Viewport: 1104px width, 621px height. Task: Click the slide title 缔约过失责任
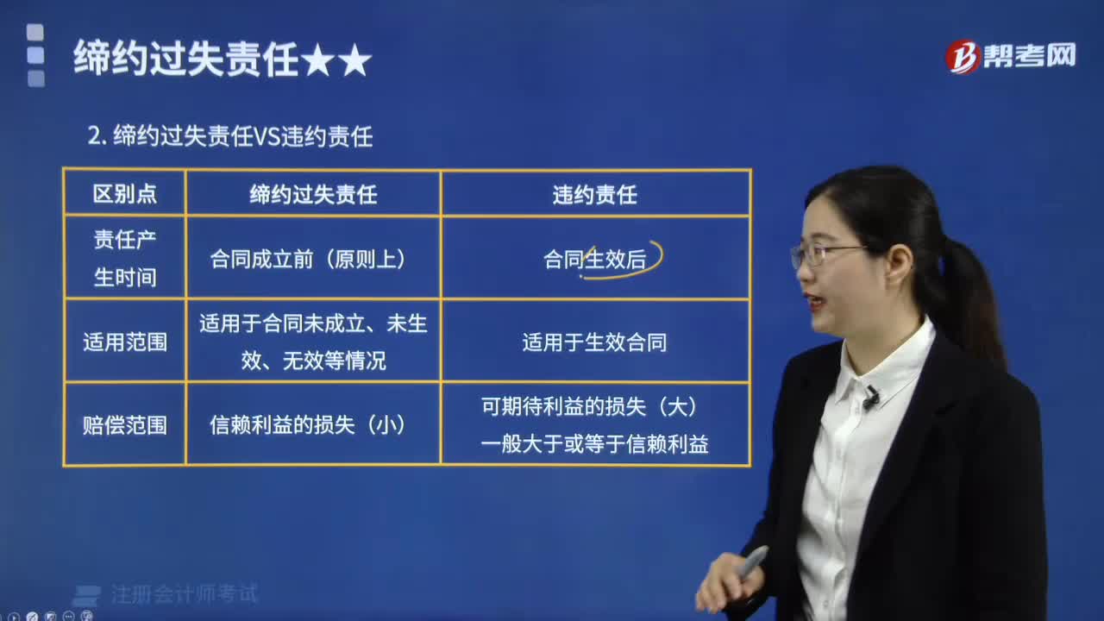tap(185, 60)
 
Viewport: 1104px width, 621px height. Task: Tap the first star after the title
tap(318, 60)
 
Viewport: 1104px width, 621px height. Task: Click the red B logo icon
tap(962, 57)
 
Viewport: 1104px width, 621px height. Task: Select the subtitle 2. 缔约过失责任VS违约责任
tap(230, 136)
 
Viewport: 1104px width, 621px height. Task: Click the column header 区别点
tap(125, 194)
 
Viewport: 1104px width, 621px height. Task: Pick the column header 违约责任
tap(594, 195)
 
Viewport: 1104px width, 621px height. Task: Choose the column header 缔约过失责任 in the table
tap(313, 195)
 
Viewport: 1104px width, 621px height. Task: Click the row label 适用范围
tap(125, 342)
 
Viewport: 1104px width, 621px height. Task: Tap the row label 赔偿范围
tap(125, 425)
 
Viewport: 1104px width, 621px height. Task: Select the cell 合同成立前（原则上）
tap(308, 259)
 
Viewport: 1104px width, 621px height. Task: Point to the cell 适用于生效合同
tap(594, 342)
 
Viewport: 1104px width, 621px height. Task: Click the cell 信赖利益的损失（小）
tap(308, 425)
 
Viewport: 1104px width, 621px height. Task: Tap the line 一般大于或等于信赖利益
tap(594, 444)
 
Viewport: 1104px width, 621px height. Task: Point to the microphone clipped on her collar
tap(870, 398)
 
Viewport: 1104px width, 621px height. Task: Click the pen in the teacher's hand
tap(750, 561)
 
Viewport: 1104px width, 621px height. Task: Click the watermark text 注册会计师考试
tap(184, 594)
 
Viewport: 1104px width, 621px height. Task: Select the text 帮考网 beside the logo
tap(1030, 56)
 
